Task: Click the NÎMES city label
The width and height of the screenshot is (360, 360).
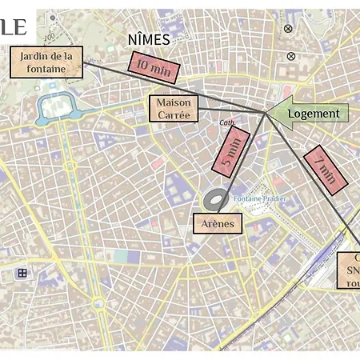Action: pyautogui.click(x=149, y=39)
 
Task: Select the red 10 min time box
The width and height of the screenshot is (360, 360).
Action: pyautogui.click(x=153, y=67)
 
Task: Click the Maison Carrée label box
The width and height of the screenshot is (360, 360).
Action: pyautogui.click(x=173, y=109)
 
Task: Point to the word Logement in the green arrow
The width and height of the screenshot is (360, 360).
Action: pyautogui.click(x=314, y=114)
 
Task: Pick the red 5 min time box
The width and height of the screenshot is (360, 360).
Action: pyautogui.click(x=230, y=150)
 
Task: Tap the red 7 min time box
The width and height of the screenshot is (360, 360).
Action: pyautogui.click(x=326, y=170)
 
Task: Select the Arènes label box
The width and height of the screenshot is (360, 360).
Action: pyautogui.click(x=218, y=223)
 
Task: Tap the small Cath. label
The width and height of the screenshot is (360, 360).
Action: pyautogui.click(x=227, y=122)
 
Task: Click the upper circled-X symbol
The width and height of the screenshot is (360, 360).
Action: pyautogui.click(x=288, y=29)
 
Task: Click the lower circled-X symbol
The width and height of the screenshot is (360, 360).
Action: pyautogui.click(x=290, y=56)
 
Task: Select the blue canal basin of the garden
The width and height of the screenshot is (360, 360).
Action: pyautogui.click(x=54, y=106)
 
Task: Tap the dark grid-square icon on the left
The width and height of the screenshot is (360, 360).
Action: pyautogui.click(x=22, y=273)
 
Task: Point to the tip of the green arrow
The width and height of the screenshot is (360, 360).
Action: pyautogui.click(x=268, y=113)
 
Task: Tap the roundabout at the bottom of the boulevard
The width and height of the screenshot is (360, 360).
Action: pyautogui.click(x=97, y=303)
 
